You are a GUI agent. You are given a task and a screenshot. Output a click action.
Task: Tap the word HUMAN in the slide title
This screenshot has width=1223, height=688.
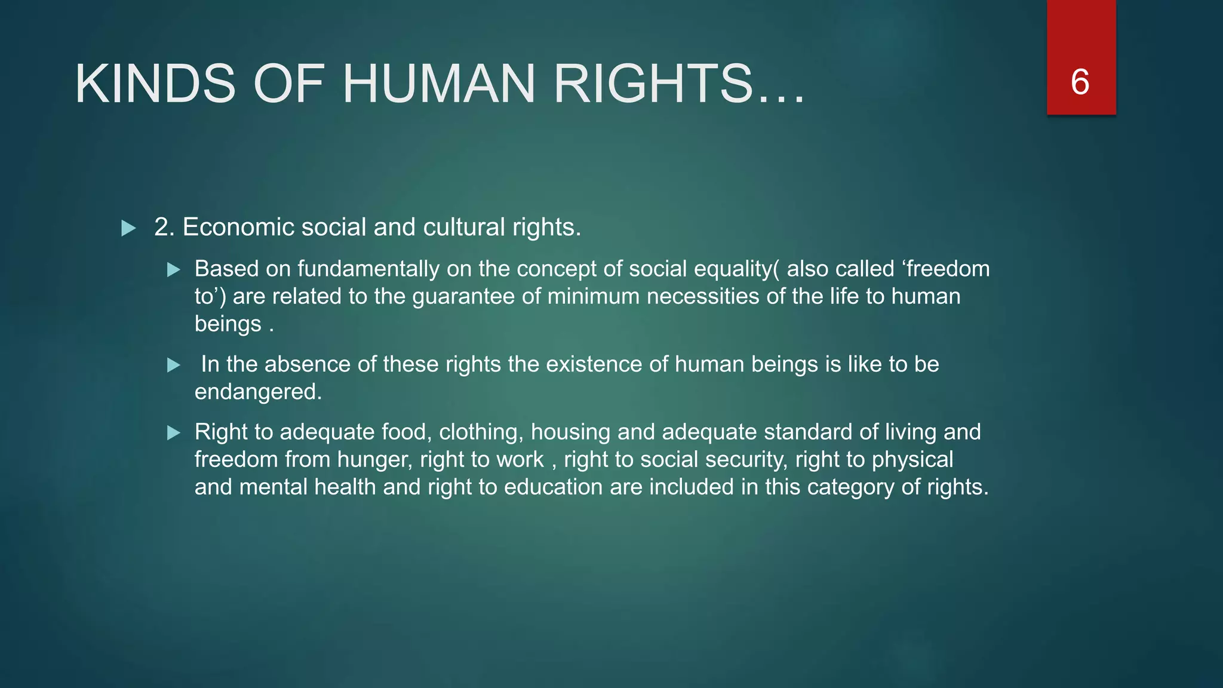(x=438, y=84)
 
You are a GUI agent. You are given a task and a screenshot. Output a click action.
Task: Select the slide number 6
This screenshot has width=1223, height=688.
(x=1080, y=82)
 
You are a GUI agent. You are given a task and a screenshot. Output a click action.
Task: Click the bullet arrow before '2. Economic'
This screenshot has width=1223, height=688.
(x=128, y=228)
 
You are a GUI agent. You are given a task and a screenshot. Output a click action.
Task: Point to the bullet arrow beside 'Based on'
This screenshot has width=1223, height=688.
(x=174, y=270)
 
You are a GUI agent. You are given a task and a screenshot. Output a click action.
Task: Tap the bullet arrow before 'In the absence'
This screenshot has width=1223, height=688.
(x=174, y=365)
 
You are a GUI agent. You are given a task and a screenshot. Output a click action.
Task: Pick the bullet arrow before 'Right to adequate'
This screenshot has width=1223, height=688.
(x=174, y=433)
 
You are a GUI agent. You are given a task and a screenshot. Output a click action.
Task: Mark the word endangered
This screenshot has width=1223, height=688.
(x=258, y=392)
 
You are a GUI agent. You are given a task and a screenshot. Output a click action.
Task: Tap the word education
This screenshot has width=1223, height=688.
(x=553, y=487)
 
